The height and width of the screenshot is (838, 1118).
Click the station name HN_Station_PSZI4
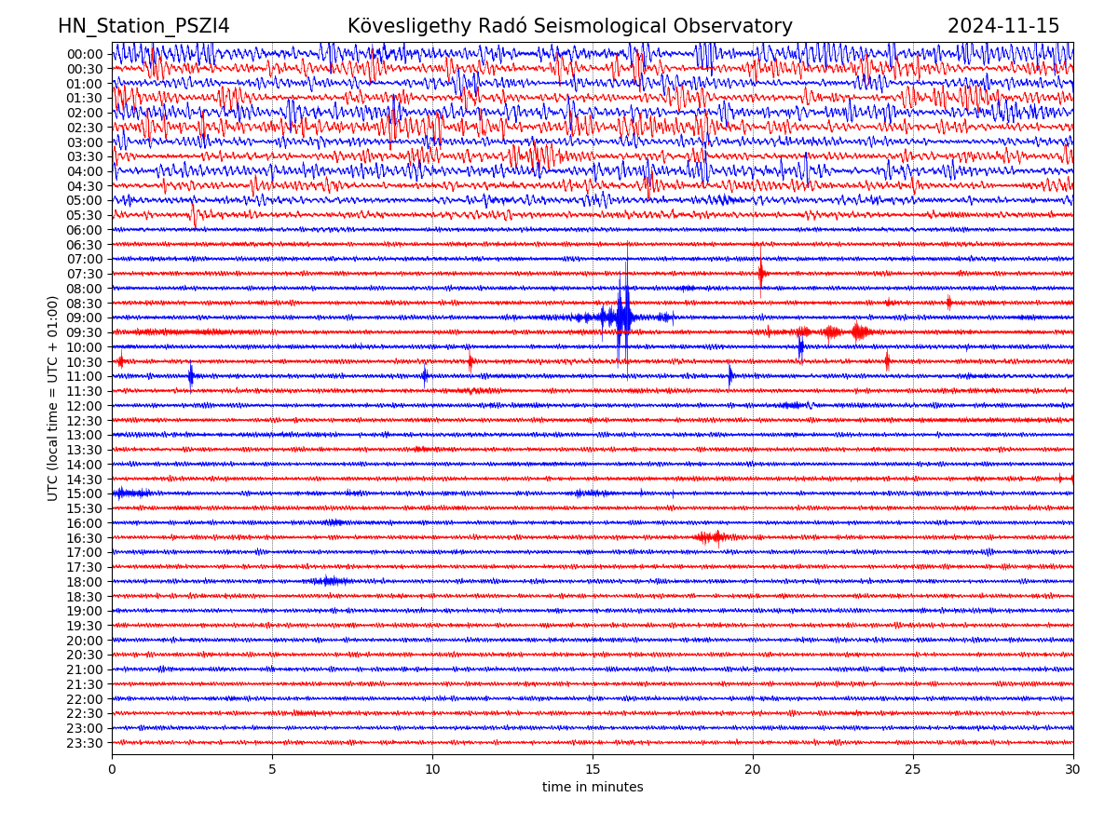(143, 26)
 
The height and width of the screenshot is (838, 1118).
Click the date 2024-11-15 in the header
(1003, 26)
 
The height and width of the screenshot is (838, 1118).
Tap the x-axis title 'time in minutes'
(593, 787)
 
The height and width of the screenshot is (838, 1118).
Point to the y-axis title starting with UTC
(53, 398)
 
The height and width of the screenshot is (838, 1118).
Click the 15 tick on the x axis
(593, 769)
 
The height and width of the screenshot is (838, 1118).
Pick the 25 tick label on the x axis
(913, 769)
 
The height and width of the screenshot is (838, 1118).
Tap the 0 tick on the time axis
(112, 769)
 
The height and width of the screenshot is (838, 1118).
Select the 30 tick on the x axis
(1073, 769)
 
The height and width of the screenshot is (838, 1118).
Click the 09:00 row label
(84, 318)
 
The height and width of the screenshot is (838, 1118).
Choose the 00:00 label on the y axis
(84, 54)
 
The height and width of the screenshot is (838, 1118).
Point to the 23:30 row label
(84, 743)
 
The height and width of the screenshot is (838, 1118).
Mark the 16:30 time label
(84, 538)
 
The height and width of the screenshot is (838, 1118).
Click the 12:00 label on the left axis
(84, 406)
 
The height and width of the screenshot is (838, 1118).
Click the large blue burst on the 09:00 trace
(623, 318)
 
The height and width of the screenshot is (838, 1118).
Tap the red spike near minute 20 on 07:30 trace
(761, 273)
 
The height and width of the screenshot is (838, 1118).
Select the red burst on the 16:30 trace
(713, 537)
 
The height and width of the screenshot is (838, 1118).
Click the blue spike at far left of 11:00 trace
(191, 376)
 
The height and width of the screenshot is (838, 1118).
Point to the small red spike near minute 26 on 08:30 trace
(948, 302)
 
